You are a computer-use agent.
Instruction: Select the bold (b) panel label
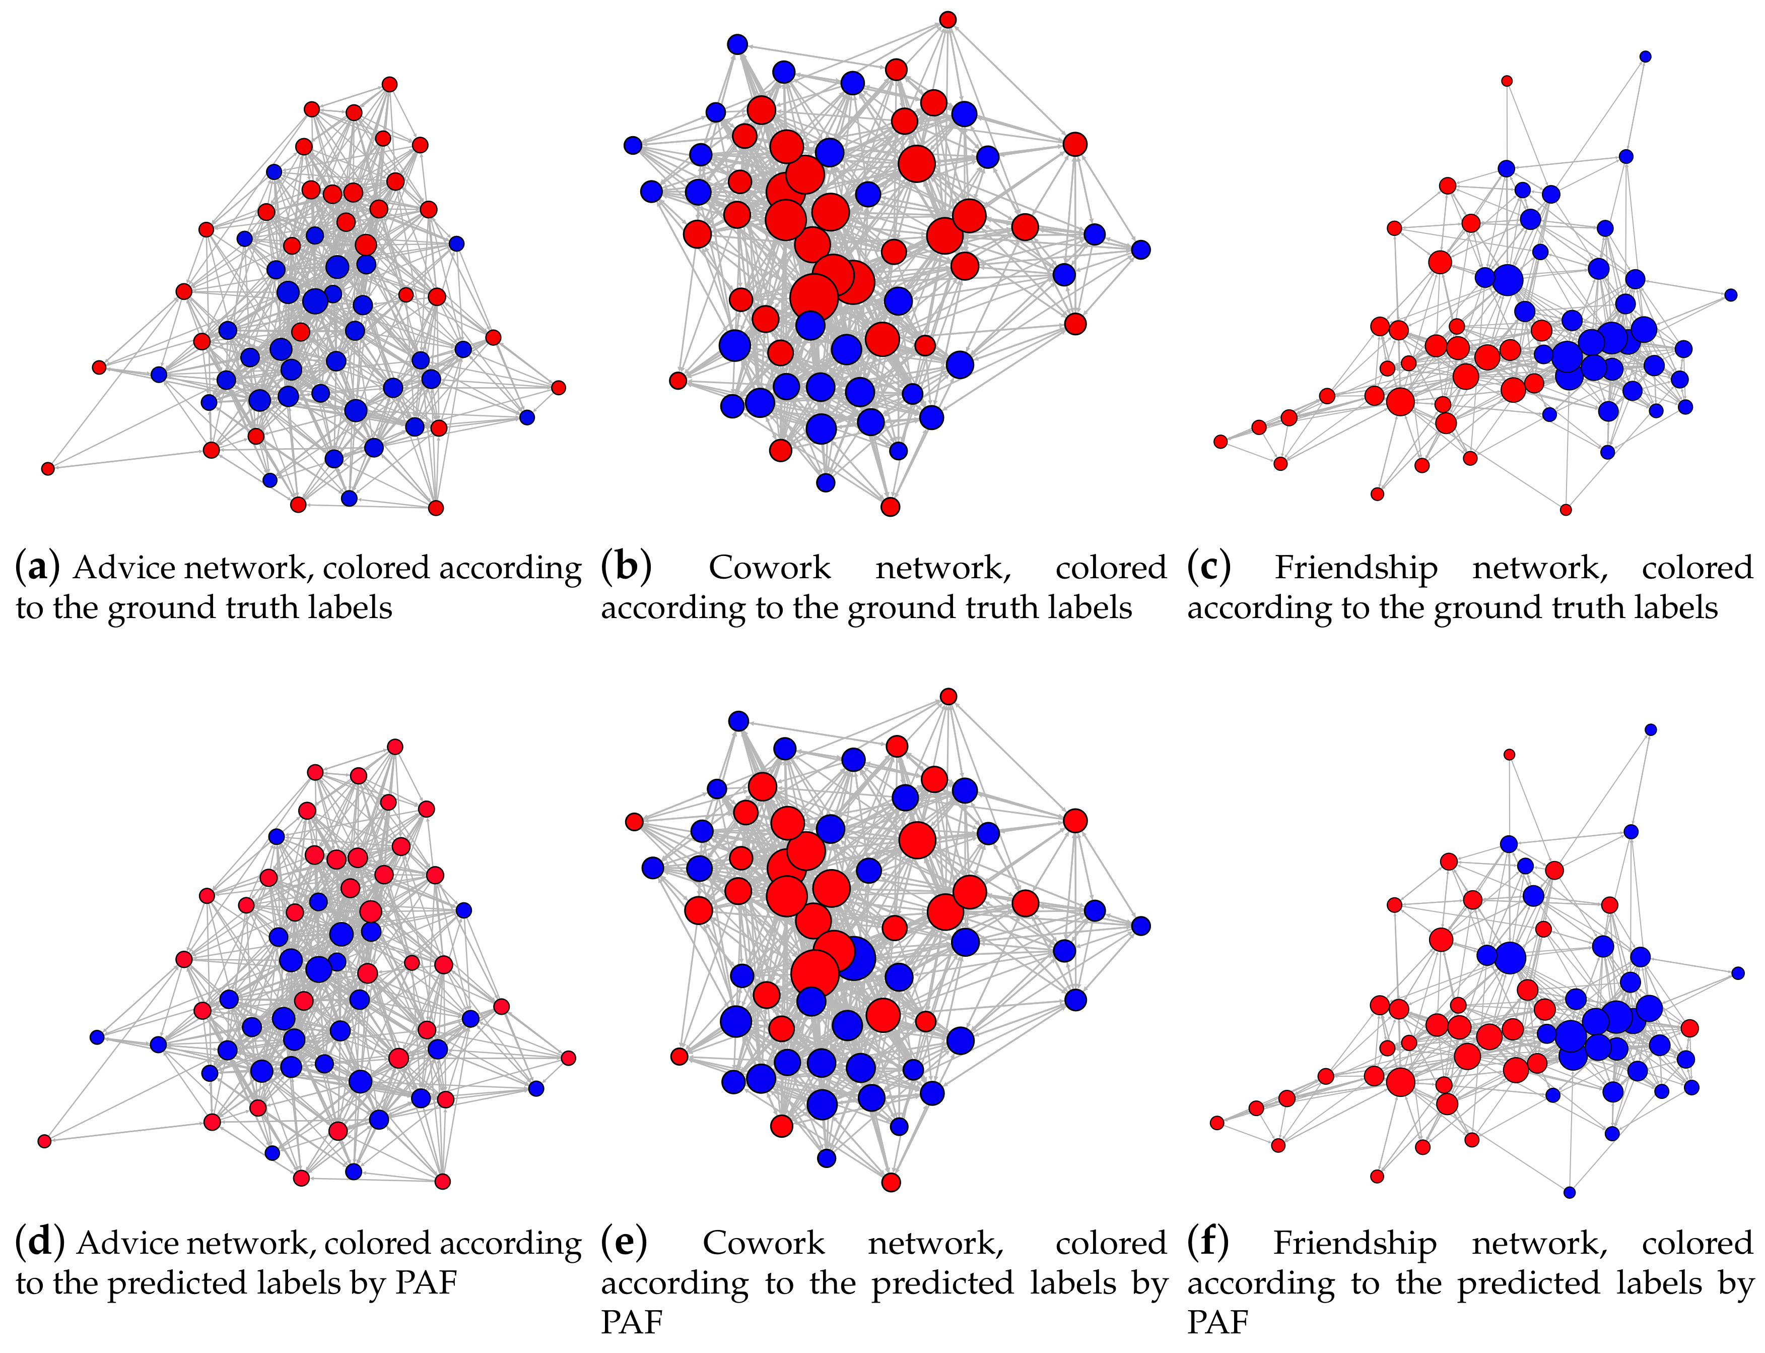(x=625, y=568)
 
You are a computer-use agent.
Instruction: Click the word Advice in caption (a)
(x=122, y=568)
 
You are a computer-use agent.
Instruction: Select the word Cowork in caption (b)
(x=769, y=568)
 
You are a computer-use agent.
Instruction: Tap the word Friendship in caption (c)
(x=1355, y=568)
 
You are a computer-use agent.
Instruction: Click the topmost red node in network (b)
(x=948, y=19)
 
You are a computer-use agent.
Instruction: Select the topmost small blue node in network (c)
(x=1645, y=56)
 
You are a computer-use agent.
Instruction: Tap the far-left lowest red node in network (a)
(x=47, y=468)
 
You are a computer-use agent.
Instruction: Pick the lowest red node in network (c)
(x=1566, y=510)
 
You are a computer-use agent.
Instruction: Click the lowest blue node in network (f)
(x=1569, y=1192)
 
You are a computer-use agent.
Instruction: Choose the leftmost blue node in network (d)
(x=97, y=1036)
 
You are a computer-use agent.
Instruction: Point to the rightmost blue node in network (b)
(x=1140, y=250)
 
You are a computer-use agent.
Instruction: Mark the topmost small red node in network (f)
(x=1509, y=755)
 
